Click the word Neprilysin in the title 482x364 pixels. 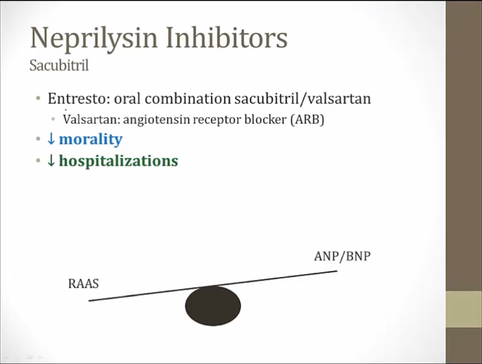click(x=94, y=39)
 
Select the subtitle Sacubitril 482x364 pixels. click(x=59, y=65)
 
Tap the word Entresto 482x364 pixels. click(x=79, y=99)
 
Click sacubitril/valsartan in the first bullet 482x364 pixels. click(x=303, y=99)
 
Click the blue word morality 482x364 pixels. click(x=91, y=140)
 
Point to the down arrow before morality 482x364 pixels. click(x=52, y=139)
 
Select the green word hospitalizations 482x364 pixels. click(x=119, y=161)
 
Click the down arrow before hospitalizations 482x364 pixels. click(x=52, y=161)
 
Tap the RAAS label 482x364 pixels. click(x=83, y=283)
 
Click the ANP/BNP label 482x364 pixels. click(x=343, y=256)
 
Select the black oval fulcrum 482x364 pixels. click(x=213, y=306)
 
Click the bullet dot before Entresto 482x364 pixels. click(x=38, y=99)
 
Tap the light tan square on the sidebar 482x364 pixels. click(x=464, y=309)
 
